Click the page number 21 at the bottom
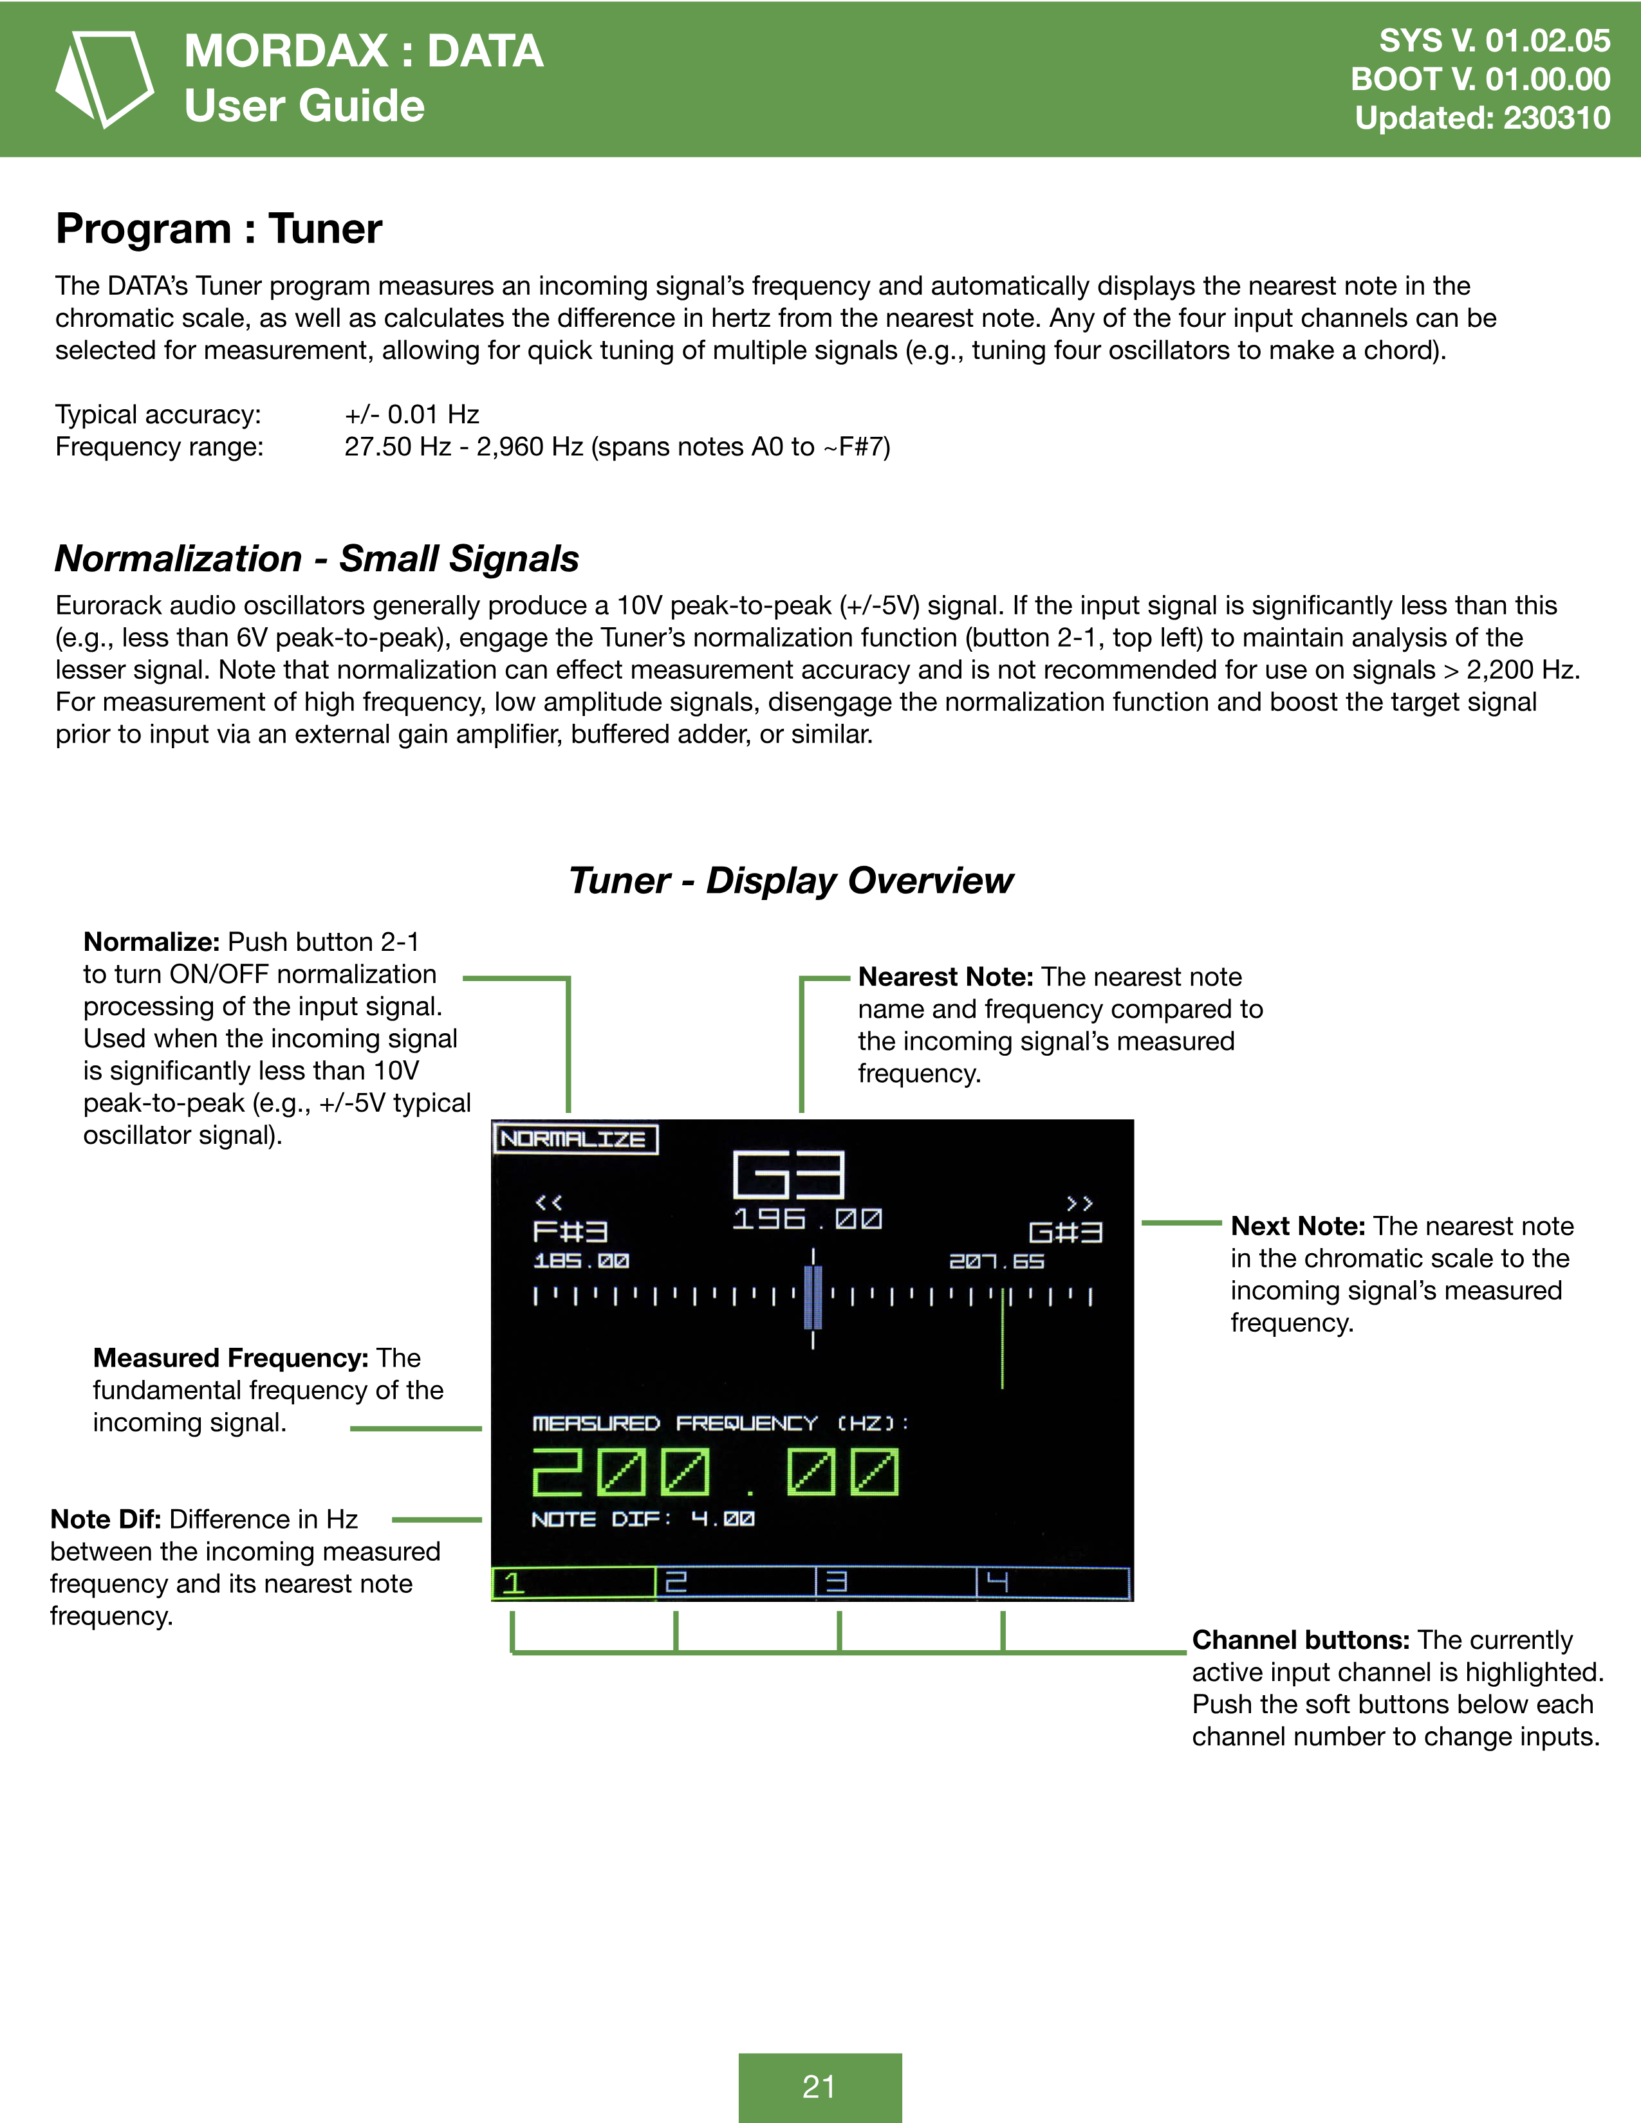819,2086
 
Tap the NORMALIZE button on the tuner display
575,1138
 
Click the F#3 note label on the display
571,1231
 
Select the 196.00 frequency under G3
807,1219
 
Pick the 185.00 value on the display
581,1261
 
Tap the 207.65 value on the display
996,1261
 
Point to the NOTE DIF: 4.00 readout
643,1518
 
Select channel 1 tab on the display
573,1583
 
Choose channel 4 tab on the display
1053,1583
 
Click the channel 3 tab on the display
895,1583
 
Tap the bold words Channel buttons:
1301,1640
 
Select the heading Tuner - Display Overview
790,881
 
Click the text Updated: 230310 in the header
1481,118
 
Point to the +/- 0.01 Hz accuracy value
413,415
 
